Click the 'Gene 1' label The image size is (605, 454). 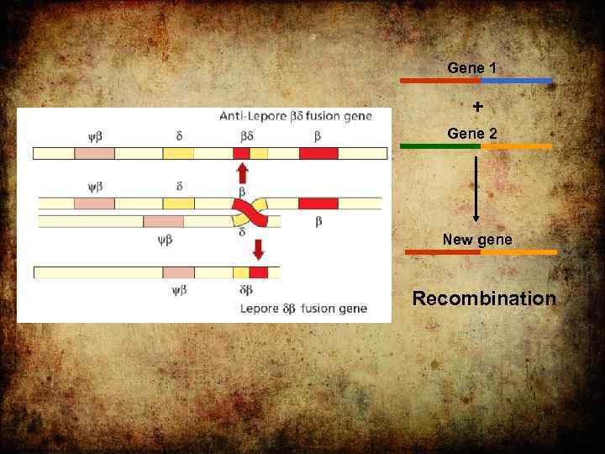(x=471, y=67)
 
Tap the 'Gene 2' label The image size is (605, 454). (x=471, y=134)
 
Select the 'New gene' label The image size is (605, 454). (x=476, y=240)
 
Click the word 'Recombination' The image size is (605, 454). (x=483, y=298)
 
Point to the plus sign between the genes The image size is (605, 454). (x=477, y=107)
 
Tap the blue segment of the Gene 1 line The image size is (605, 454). (x=516, y=81)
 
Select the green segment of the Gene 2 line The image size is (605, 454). (x=439, y=146)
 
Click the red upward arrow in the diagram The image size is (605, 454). (x=242, y=173)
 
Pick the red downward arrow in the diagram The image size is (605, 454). (x=258, y=249)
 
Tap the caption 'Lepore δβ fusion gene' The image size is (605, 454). (x=303, y=309)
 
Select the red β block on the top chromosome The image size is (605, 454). (x=318, y=153)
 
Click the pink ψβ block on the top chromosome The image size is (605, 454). (x=94, y=153)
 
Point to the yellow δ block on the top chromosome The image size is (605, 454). (x=178, y=153)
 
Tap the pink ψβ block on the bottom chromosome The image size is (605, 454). (x=178, y=272)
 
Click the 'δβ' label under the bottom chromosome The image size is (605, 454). (x=246, y=290)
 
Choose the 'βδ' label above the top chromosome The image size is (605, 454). (x=246, y=135)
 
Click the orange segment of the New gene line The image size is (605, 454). (x=518, y=252)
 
